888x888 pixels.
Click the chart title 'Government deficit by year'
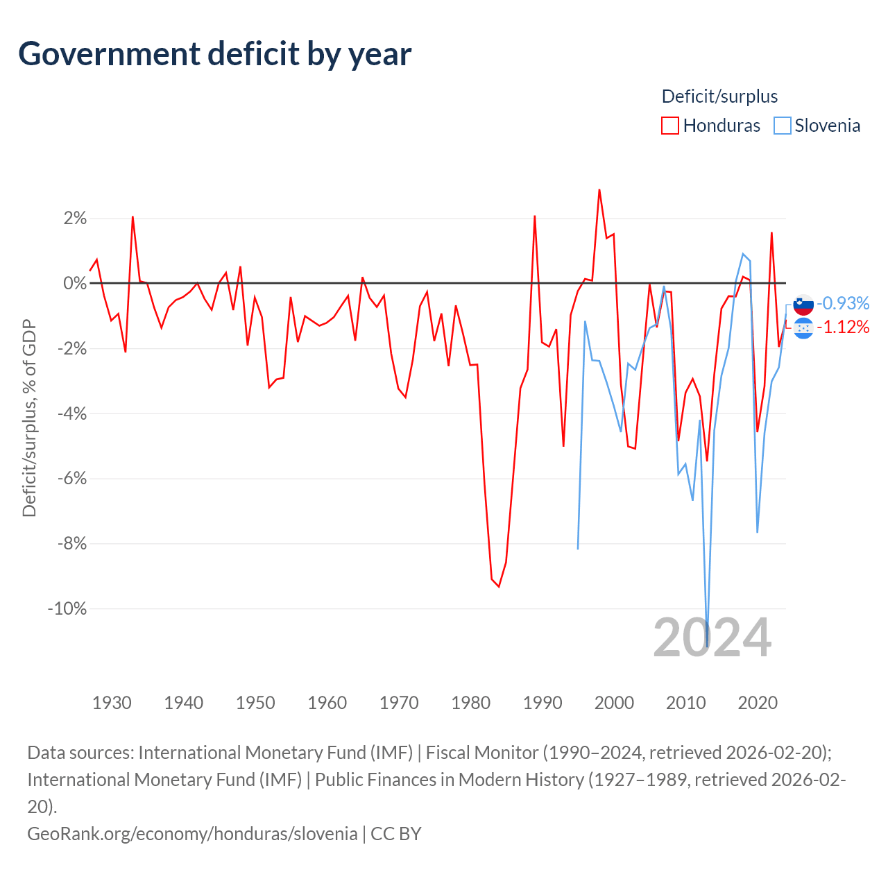(215, 54)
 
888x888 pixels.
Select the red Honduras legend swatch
(669, 126)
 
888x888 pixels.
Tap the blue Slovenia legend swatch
(782, 126)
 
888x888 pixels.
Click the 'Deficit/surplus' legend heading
(719, 96)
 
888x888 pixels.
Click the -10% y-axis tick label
(67, 609)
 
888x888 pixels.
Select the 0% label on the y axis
(75, 284)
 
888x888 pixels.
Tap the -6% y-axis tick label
(71, 479)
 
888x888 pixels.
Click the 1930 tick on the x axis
(112, 703)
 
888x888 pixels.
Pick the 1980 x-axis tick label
(470, 703)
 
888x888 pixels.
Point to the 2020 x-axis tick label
(758, 703)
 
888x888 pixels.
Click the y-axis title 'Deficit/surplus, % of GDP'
(29, 418)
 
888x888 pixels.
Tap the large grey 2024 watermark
(712, 638)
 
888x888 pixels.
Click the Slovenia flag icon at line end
(803, 304)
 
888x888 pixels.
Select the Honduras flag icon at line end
(803, 327)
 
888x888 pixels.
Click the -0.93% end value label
(843, 303)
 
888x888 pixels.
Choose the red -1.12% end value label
(843, 327)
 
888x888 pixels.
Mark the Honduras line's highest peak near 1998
(599, 190)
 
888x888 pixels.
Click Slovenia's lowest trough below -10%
(707, 646)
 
